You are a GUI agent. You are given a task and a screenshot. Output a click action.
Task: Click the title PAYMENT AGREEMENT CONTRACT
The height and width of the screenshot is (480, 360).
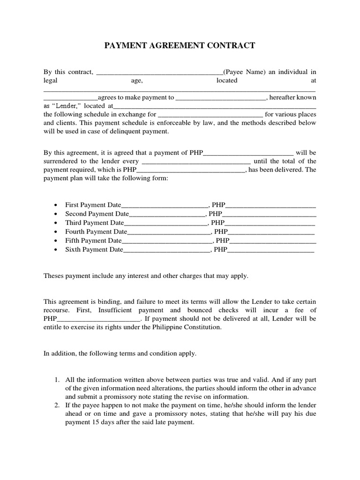coord(180,45)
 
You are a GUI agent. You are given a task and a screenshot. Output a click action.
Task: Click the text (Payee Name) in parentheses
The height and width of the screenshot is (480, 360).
coord(244,72)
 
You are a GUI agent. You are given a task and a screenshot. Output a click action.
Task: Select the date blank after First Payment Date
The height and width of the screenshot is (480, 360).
coord(164,205)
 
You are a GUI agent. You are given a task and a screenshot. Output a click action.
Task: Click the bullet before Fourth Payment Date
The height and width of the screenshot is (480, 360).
coord(56,232)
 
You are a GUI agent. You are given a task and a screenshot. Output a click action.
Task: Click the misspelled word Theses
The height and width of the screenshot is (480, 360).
coord(53,276)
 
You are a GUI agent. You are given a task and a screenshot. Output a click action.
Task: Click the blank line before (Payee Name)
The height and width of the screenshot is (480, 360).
coord(159,72)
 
